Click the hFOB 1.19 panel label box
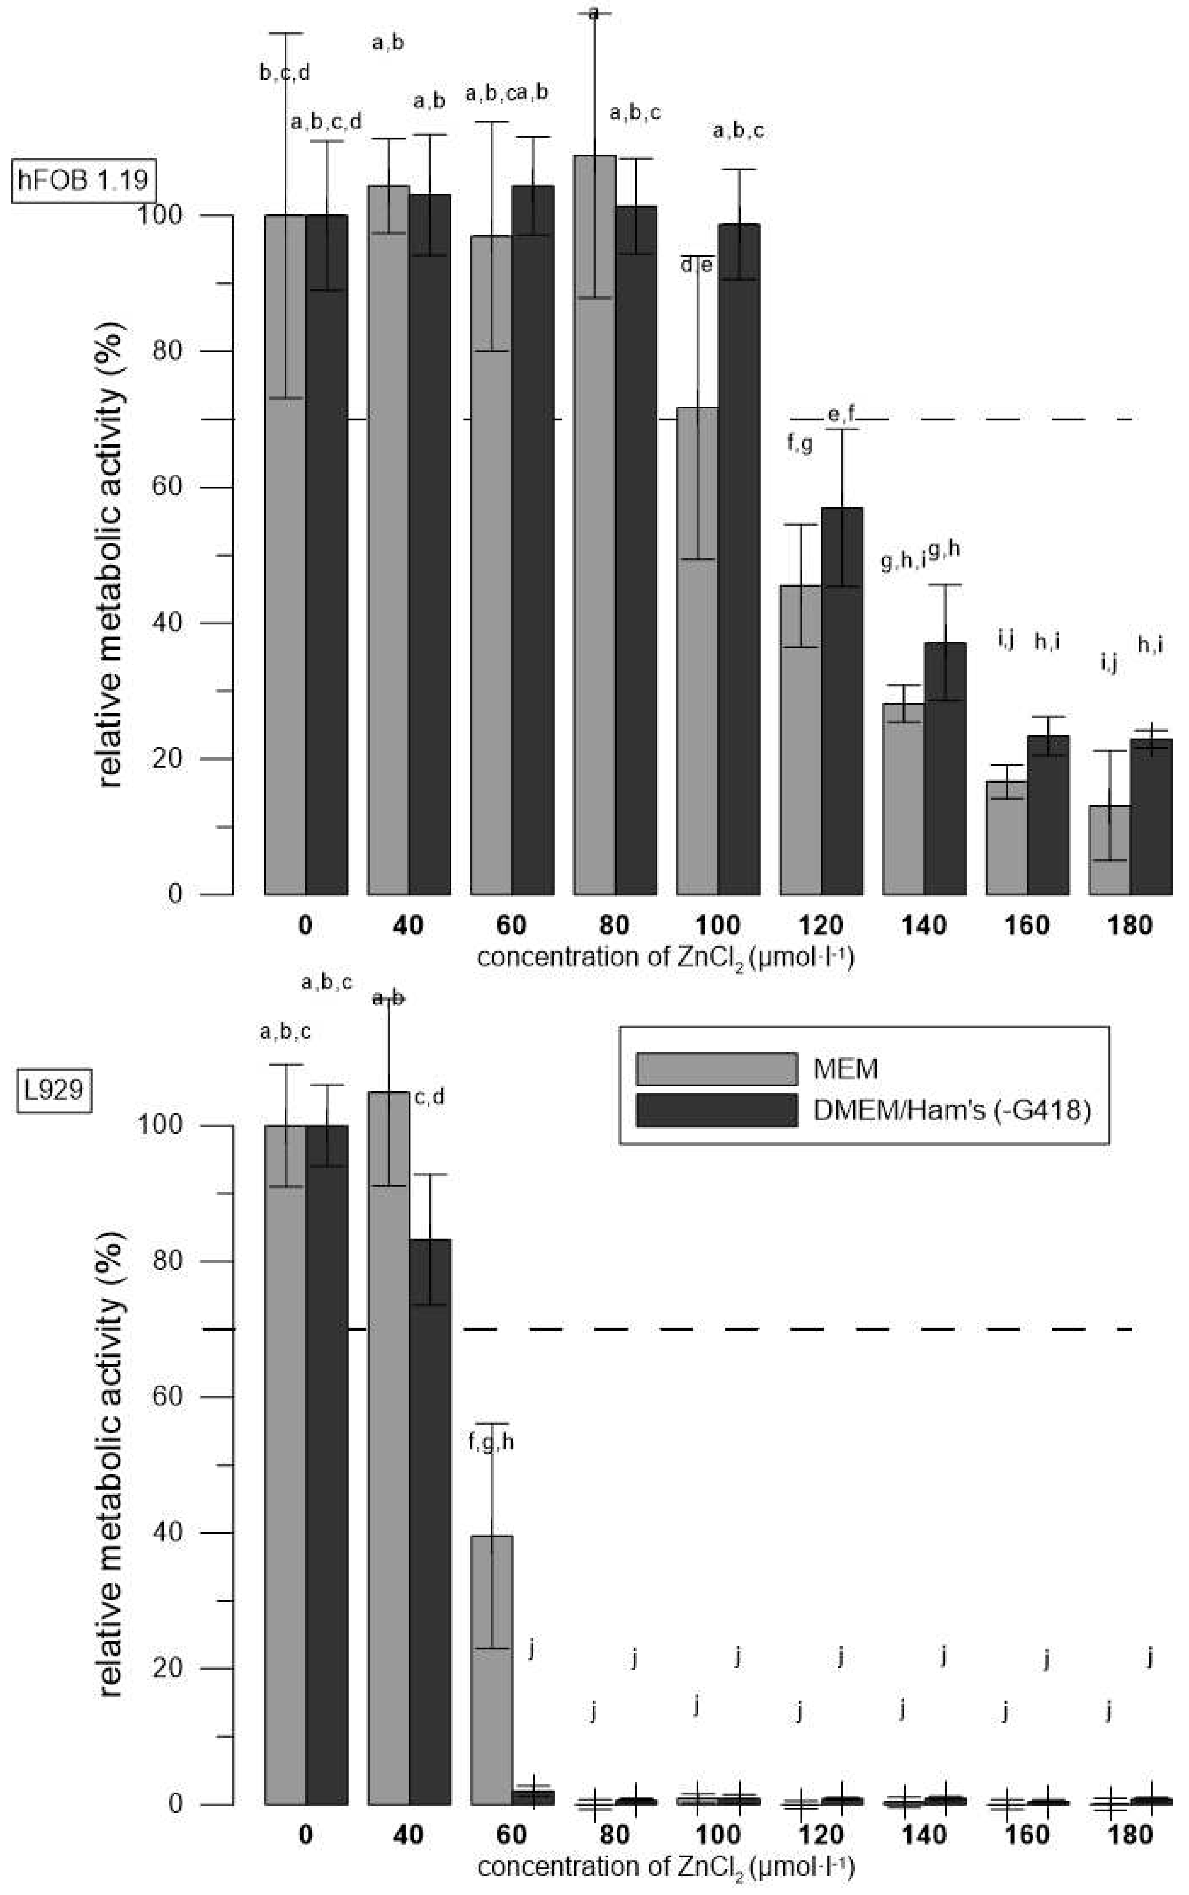[83, 180]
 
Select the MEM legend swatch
[716, 1068]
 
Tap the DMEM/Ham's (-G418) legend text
[952, 1110]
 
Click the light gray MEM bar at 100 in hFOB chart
[697, 653]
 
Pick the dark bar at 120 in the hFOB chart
[842, 700]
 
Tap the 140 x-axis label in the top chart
[924, 925]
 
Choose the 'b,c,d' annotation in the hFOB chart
[285, 73]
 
